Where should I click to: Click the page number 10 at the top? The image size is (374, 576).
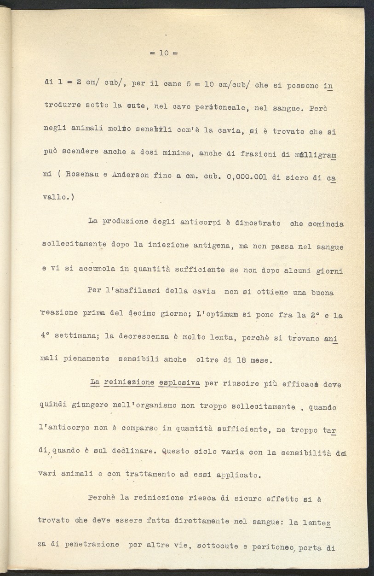164,53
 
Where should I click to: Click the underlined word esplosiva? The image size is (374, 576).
179,383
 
